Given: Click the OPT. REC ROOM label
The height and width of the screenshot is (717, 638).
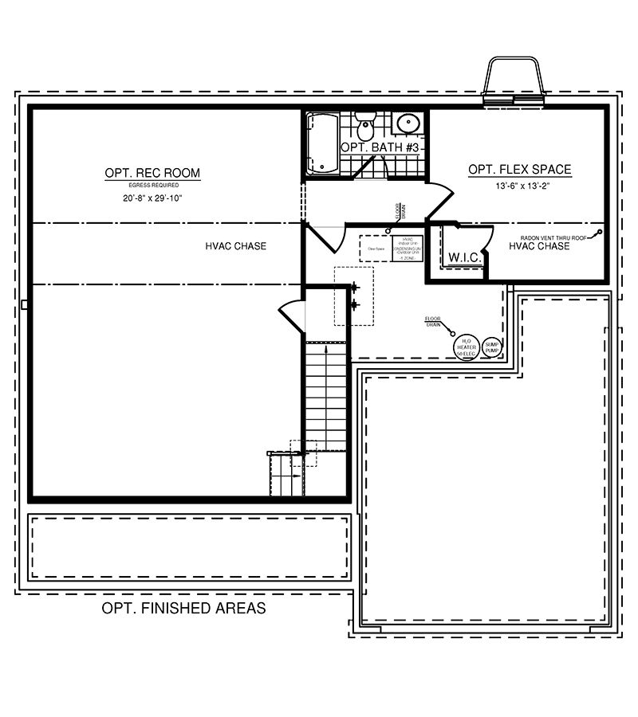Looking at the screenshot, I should pos(152,173).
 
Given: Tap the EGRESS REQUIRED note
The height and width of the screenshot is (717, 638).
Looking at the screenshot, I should pos(152,185).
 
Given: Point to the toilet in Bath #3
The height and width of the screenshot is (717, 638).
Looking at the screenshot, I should pos(365,127).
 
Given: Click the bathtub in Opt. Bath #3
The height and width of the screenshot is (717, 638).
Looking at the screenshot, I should pos(323,143).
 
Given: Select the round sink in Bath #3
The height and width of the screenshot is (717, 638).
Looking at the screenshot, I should pos(408,125).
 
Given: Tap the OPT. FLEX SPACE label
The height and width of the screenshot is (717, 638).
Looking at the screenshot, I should pos(519,169).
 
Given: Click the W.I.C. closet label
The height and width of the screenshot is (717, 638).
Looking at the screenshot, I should pos(463,257).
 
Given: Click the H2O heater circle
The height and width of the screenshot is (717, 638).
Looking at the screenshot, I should pos(467,347).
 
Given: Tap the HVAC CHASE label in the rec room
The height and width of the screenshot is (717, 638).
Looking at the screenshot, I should pos(235,246).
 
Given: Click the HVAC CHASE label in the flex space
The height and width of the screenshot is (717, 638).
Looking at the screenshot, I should pos(539,247).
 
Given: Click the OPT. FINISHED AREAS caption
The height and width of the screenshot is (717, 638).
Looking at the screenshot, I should pos(183,609).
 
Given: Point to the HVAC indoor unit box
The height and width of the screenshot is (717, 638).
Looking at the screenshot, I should pos(408,249).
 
